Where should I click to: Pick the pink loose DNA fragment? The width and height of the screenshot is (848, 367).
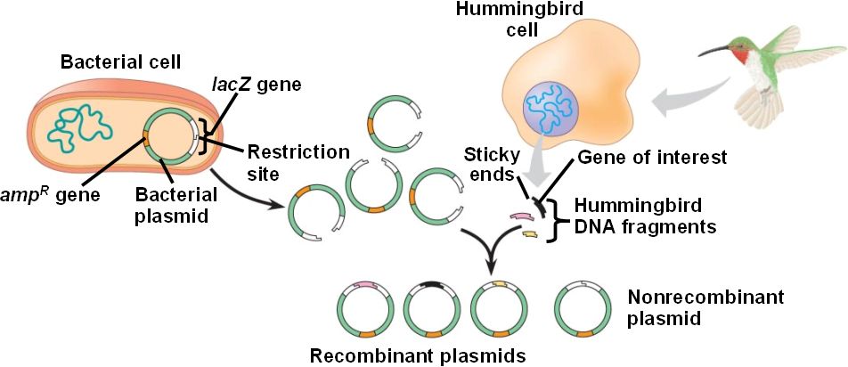click(519, 216)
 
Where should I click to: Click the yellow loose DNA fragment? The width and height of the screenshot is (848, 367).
click(528, 234)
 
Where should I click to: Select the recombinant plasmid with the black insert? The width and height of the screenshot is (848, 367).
click(431, 309)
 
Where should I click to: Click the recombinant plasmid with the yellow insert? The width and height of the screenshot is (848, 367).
click(498, 309)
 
